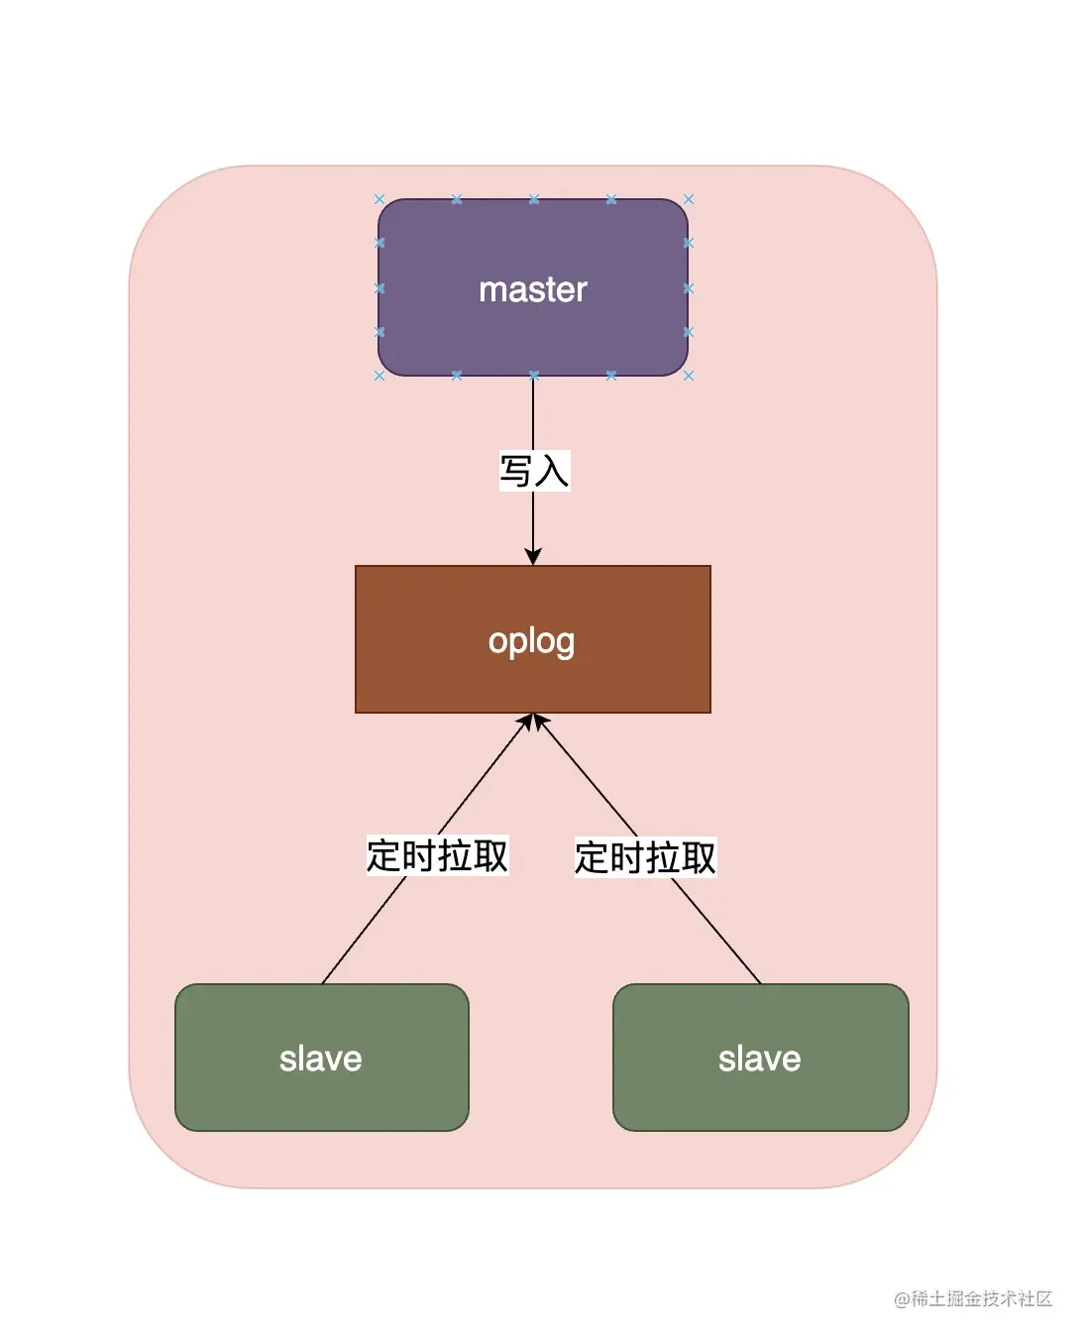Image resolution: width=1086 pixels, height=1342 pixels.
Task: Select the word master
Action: tap(533, 289)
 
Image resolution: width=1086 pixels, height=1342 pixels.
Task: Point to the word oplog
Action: tap(532, 641)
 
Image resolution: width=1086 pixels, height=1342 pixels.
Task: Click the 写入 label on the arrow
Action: tap(534, 471)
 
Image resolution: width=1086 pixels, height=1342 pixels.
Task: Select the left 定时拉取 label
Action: tap(437, 855)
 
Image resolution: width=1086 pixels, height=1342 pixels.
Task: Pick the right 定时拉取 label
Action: tap(645, 857)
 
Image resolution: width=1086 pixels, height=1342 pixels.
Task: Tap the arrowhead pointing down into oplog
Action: tap(533, 555)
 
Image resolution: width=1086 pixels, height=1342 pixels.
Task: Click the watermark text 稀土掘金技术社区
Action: tap(982, 1298)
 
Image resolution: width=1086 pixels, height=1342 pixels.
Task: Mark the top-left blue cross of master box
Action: tap(380, 199)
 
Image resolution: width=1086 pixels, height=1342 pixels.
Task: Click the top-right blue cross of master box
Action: tap(689, 199)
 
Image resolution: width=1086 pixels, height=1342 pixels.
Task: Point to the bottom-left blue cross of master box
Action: tap(380, 376)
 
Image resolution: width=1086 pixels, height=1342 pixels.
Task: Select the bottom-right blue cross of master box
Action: tap(689, 376)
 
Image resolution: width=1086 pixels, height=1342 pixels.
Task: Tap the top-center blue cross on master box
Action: tap(534, 199)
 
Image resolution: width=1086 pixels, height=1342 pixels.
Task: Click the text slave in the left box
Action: tap(321, 1059)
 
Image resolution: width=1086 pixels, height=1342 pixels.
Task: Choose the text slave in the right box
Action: tap(760, 1059)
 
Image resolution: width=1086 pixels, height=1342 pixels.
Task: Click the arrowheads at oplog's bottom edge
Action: tap(533, 723)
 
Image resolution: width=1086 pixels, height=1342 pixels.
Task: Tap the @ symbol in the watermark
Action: tap(902, 1299)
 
